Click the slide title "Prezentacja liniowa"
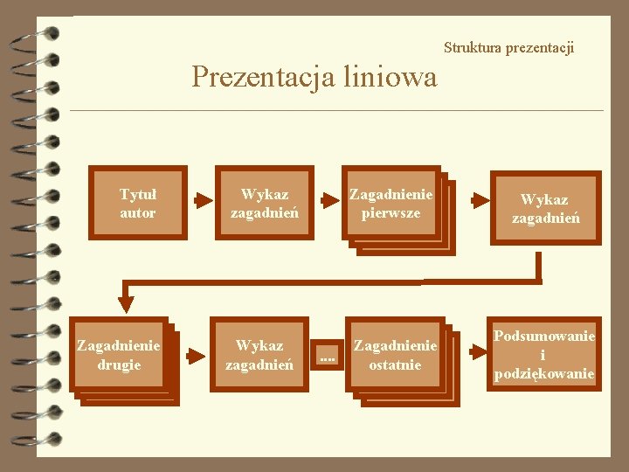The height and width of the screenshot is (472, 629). [x=314, y=77]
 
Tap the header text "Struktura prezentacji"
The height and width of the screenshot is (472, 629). [x=508, y=47]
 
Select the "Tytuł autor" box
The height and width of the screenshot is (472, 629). [x=138, y=203]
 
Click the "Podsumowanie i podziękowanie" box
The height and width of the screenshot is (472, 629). [x=543, y=355]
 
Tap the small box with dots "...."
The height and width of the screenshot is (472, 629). [x=327, y=355]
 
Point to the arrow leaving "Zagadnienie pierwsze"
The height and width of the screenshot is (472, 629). [x=480, y=200]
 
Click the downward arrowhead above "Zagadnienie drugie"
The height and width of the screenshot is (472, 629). [x=127, y=302]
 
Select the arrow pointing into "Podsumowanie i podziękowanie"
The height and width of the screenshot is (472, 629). [x=477, y=351]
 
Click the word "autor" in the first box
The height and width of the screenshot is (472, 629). [x=138, y=212]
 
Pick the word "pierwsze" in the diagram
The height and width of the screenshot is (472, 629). [x=391, y=212]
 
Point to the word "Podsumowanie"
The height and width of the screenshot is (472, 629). [x=543, y=337]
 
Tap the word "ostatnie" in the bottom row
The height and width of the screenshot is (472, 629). [x=395, y=364]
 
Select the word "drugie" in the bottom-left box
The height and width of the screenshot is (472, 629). [x=119, y=364]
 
